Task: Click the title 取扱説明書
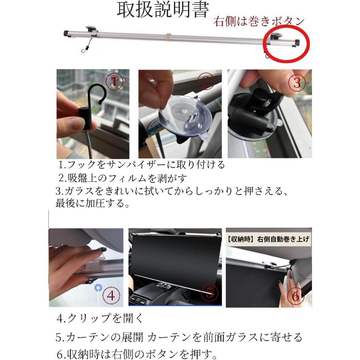coord(162,10)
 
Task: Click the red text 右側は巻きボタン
coord(259,21)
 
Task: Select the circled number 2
coord(206,82)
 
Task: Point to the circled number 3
coord(296,83)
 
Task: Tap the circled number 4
coord(111,296)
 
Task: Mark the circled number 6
coord(295,296)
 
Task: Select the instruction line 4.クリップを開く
coord(100,319)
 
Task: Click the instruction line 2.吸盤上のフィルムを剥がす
coord(123,178)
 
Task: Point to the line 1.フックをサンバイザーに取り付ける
coord(141,164)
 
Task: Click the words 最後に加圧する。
coord(92,204)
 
